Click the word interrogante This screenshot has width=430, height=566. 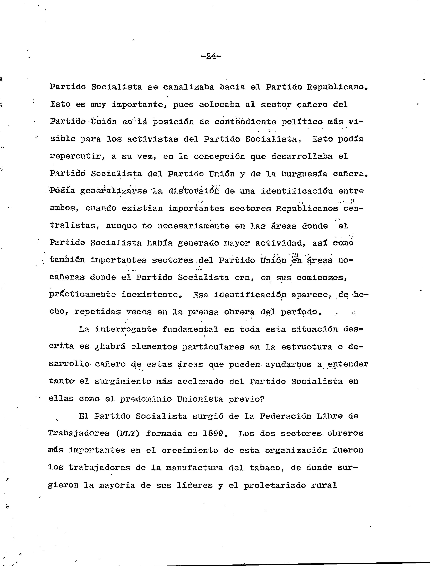pyautogui.click(x=126, y=329)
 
